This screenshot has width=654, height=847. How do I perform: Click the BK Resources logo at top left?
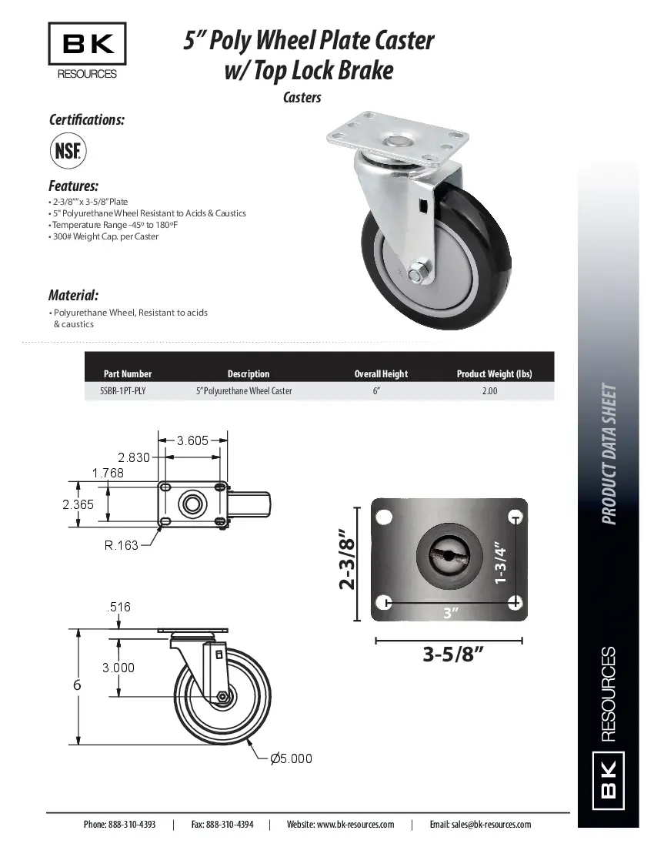87,51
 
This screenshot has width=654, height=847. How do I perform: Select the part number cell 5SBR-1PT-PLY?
122,391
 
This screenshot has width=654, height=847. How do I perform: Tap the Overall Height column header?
381,374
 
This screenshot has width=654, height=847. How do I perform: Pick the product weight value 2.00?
489,391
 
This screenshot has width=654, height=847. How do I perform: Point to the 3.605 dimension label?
192,440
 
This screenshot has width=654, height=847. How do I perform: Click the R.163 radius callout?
122,545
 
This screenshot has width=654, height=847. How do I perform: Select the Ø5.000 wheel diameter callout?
291,758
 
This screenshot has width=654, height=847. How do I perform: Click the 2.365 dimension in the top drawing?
78,504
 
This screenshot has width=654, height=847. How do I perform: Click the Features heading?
73,186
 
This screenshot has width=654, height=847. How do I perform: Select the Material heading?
73,295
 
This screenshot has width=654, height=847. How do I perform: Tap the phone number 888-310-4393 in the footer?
130,824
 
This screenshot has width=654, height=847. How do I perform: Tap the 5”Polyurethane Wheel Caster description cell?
244,391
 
